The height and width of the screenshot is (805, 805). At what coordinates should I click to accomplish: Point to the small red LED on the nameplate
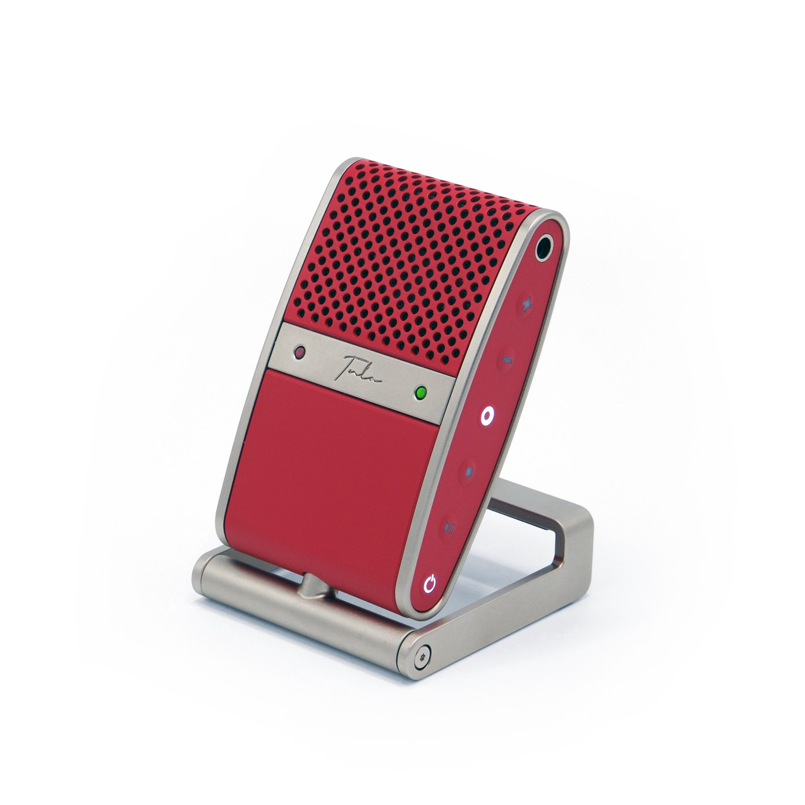299,353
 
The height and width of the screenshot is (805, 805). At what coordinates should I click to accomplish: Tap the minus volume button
507,359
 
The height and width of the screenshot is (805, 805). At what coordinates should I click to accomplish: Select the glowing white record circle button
487,415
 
